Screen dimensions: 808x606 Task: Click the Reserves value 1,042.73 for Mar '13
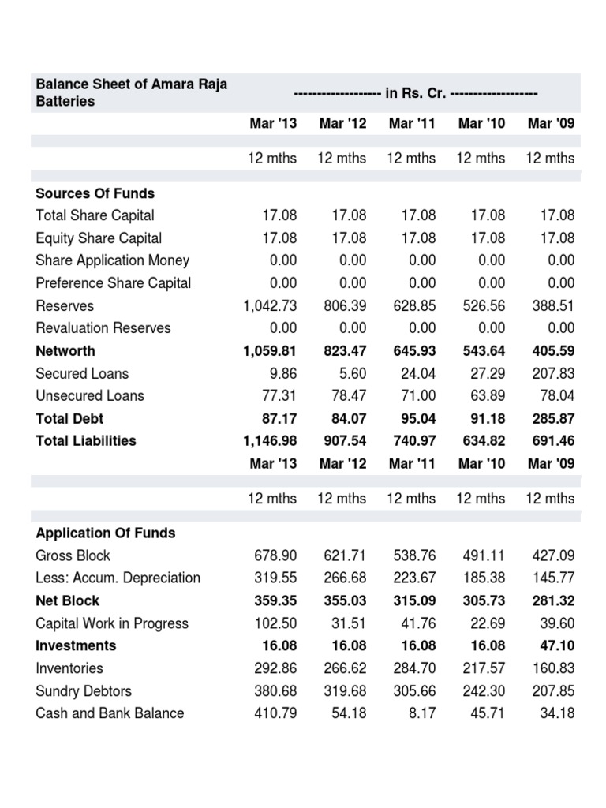[270, 305]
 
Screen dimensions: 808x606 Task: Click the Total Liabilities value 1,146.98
[270, 441]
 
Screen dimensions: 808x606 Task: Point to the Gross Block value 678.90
[275, 555]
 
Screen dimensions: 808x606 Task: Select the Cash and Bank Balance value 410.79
[275, 713]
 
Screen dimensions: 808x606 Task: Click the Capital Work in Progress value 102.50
[275, 623]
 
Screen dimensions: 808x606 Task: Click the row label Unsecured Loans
[90, 396]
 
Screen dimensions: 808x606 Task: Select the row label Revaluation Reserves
[103, 328]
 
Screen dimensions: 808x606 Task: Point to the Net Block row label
[66, 600]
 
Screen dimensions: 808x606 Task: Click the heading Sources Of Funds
[95, 193]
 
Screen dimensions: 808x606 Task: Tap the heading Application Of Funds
[106, 533]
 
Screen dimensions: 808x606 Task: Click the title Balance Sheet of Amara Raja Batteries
[131, 93]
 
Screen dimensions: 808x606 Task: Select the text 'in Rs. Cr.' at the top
[415, 94]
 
